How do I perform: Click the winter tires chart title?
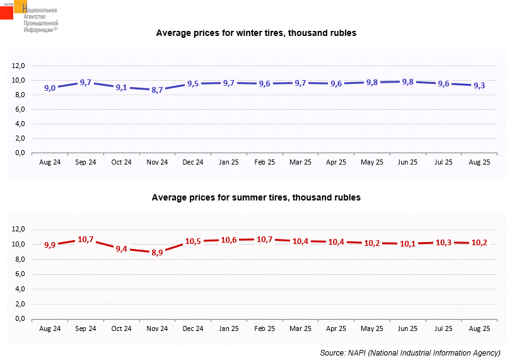[x=256, y=33]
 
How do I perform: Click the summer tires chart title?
[x=256, y=197]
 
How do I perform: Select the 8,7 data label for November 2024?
[x=157, y=90]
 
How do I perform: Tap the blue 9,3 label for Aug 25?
[x=479, y=85]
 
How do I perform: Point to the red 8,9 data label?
[x=157, y=252]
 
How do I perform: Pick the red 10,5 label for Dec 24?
[x=193, y=241]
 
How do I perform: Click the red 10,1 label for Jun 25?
[x=407, y=243]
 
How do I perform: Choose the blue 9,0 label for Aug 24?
[x=50, y=88]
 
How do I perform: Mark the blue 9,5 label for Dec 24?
[x=193, y=84]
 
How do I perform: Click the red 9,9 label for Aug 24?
[x=50, y=245]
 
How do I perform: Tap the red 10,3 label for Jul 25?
[x=443, y=242]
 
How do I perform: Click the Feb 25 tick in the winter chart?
[x=264, y=162]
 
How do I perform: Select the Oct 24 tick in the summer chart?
[x=121, y=328]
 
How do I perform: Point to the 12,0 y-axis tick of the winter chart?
[x=18, y=66]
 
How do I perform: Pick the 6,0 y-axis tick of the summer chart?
[x=20, y=274]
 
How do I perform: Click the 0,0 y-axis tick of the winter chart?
[x=20, y=153]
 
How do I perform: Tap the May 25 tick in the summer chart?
[x=372, y=328]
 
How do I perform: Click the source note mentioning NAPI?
[x=410, y=352]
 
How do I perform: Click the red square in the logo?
[x=6, y=13]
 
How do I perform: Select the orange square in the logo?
[x=20, y=6]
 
